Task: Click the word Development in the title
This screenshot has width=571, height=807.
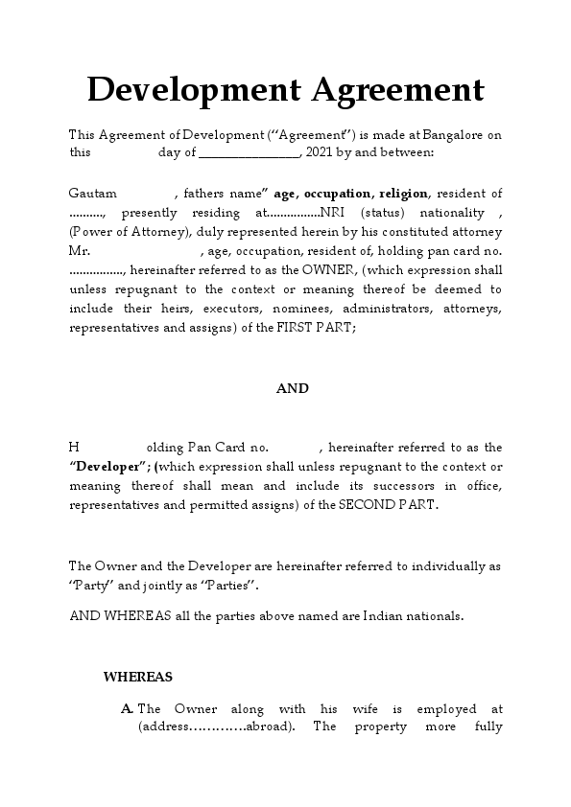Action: point(193,91)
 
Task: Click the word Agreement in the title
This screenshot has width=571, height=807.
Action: point(396,91)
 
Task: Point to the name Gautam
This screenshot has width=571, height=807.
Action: point(90,193)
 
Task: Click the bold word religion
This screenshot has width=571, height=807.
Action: point(404,193)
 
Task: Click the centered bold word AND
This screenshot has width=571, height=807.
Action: point(293,388)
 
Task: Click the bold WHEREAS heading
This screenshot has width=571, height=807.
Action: point(138,677)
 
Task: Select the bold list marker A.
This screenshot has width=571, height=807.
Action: point(128,709)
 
